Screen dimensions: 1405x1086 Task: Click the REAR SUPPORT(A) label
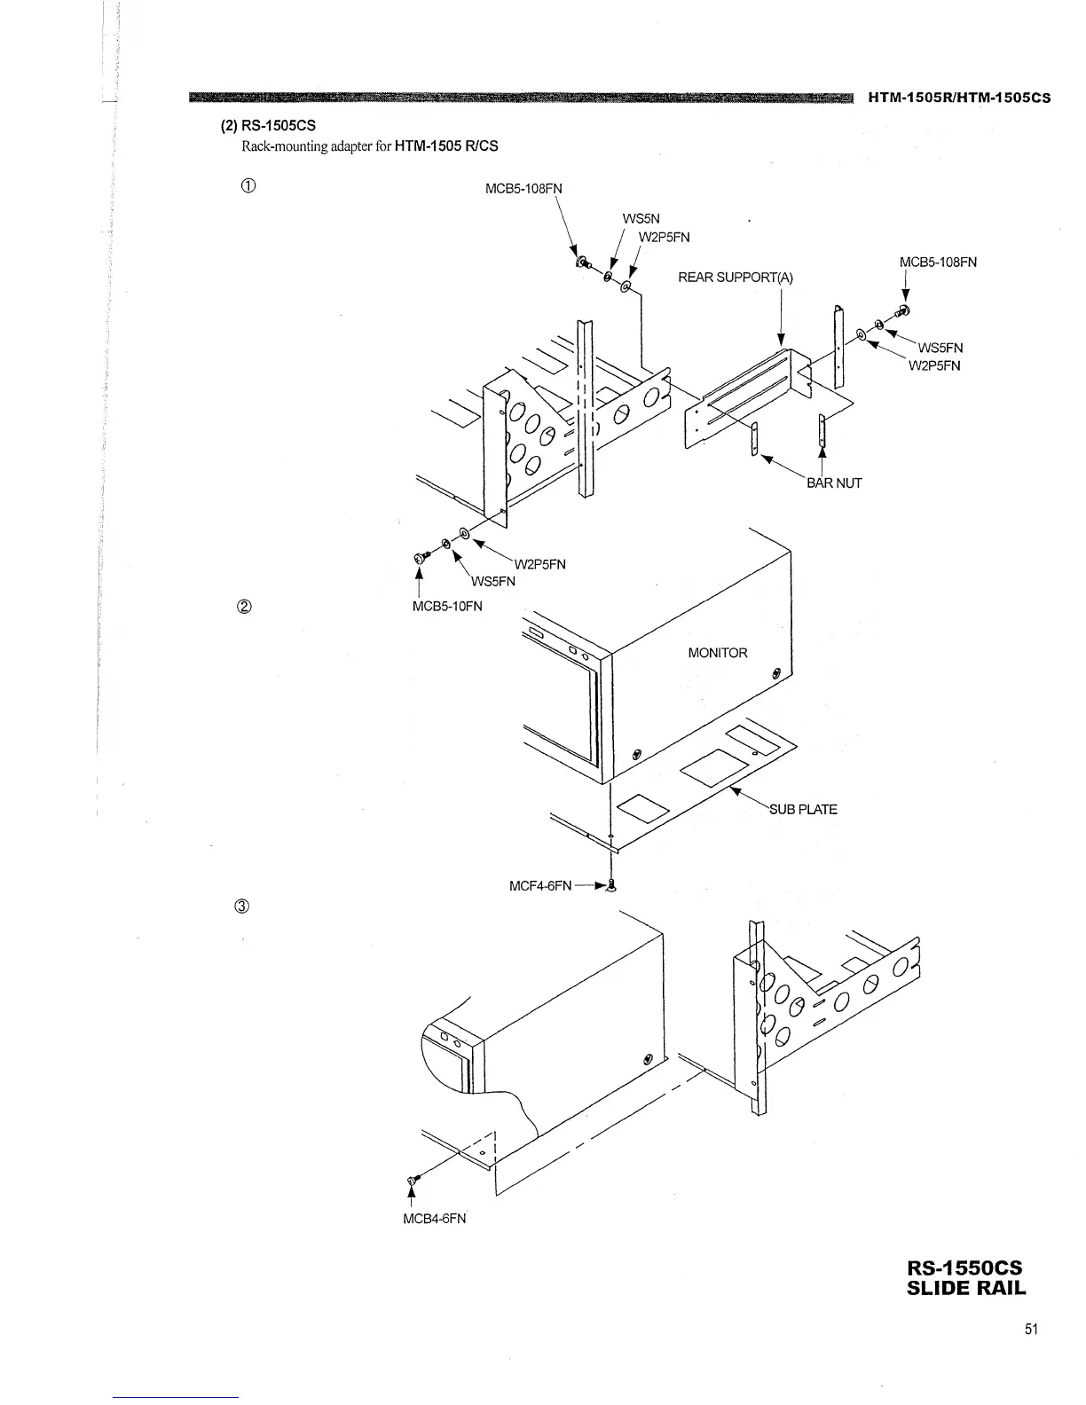pyautogui.click(x=736, y=278)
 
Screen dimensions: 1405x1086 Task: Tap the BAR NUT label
pyautogui.click(x=833, y=483)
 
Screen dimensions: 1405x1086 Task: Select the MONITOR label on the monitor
pyautogui.click(x=718, y=653)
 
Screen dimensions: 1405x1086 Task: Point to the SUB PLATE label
pyautogui.click(x=802, y=809)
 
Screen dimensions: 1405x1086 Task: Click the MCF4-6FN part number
pyautogui.click(x=540, y=885)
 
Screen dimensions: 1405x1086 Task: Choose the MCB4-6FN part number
pyautogui.click(x=434, y=1218)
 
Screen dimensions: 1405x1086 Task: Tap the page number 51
pyautogui.click(x=1030, y=1329)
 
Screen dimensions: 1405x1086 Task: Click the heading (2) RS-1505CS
pyautogui.click(x=268, y=126)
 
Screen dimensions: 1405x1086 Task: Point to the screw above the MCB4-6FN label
pyautogui.click(x=412, y=1180)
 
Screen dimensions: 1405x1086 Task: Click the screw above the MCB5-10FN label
pyautogui.click(x=421, y=557)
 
